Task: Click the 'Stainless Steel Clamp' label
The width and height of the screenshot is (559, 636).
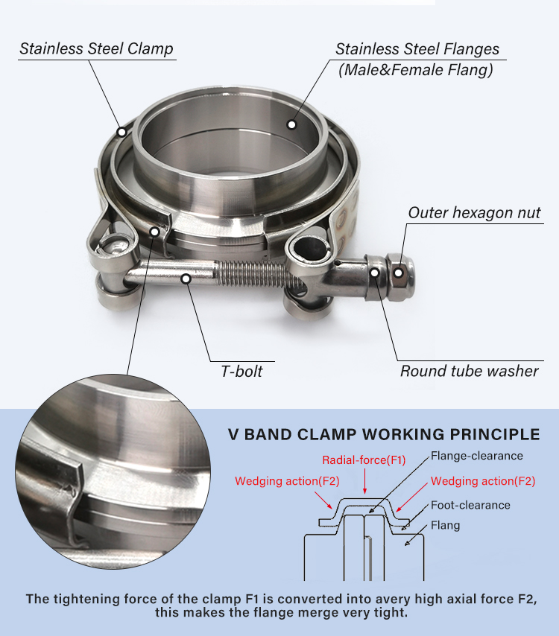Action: tap(96, 49)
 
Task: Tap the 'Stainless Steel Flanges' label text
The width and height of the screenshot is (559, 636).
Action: tap(417, 49)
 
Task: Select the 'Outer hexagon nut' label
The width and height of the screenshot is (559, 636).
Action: tap(474, 213)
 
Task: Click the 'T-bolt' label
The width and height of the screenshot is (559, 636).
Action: tap(241, 371)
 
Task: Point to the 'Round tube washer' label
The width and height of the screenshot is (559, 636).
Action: tap(469, 371)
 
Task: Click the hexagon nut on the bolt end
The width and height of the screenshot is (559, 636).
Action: tap(399, 273)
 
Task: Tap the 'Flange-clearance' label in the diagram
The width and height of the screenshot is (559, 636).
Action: tap(477, 456)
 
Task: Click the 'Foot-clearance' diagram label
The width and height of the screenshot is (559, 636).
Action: tap(470, 505)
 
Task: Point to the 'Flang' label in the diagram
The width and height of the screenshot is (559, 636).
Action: tap(445, 525)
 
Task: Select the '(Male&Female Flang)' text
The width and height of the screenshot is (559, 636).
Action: tap(415, 71)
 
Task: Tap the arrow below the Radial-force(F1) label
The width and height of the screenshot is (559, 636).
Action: tap(364, 482)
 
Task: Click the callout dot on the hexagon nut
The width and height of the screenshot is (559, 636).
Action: tap(399, 273)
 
